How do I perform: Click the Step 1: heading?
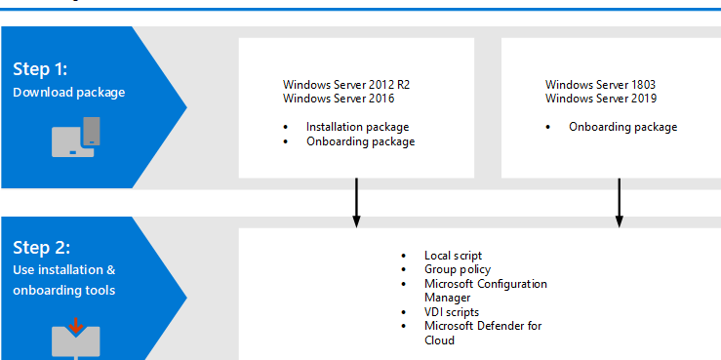40,69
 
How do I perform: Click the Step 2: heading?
40,248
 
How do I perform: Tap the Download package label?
68,93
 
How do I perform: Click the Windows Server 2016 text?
333,99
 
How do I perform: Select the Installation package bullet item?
357,127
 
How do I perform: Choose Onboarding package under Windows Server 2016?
360,141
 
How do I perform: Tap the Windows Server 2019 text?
601,99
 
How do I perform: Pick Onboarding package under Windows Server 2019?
622,127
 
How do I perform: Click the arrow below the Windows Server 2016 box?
356,203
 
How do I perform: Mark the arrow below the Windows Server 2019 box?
619,203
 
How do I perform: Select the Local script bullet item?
453,256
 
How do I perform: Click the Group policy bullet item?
458,269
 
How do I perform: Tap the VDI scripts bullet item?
452,312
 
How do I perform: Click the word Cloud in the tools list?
439,340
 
